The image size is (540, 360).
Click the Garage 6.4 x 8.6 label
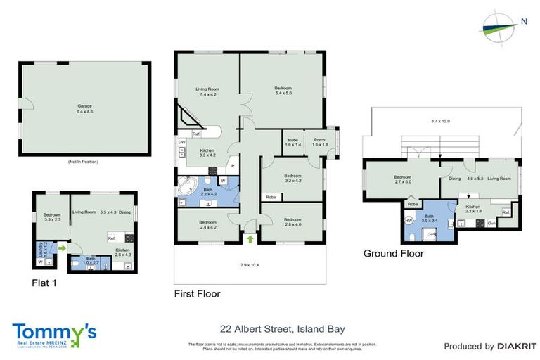click(x=84, y=109)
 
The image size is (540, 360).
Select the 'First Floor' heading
click(x=198, y=293)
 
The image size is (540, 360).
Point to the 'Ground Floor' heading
click(x=393, y=253)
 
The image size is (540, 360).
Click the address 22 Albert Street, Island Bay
click(x=282, y=328)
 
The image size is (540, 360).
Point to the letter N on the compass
click(x=524, y=22)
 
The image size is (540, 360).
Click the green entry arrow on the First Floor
click(x=251, y=239)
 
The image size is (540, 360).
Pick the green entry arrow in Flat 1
click(x=63, y=247)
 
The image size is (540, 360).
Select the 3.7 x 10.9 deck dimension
click(x=442, y=121)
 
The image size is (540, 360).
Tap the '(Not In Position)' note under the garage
click(x=84, y=162)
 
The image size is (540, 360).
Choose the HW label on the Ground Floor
click(x=409, y=220)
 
